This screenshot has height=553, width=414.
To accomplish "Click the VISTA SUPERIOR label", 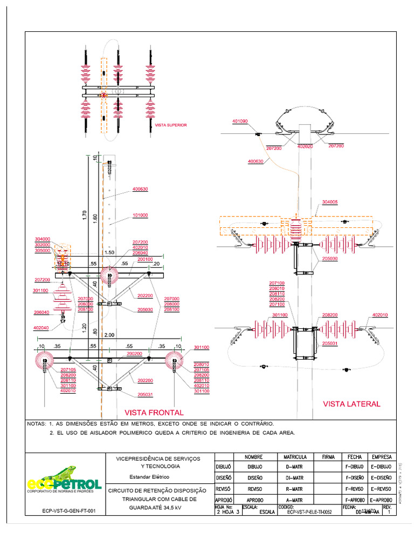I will click(171, 125).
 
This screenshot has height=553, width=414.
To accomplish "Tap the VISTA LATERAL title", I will click(351, 403).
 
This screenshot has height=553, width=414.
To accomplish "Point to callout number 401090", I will click(239, 122).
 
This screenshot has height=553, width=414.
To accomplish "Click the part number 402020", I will click(305, 147).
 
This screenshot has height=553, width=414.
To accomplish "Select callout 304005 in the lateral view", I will click(330, 203).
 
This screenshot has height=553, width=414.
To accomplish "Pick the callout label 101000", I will click(140, 215).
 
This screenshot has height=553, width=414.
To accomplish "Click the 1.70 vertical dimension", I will click(84, 215).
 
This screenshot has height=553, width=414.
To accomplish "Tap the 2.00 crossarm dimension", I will click(109, 335).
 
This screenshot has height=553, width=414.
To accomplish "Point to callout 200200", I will click(134, 354).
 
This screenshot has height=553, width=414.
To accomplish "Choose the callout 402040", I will click(41, 328).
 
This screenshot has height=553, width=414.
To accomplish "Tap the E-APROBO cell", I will click(381, 500).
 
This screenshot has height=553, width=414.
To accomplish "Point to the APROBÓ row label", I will click(224, 500).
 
